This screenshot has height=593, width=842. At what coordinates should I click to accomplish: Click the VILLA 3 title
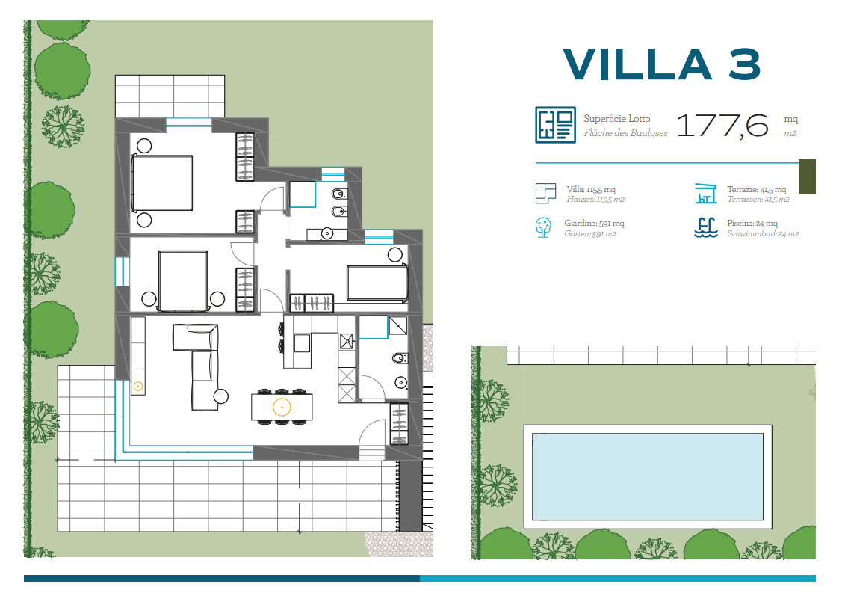662,64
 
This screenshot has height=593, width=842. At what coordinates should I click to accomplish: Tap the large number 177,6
722,126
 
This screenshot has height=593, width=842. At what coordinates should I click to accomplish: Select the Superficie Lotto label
617,118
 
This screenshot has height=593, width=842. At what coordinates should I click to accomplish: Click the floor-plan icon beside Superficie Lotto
555,125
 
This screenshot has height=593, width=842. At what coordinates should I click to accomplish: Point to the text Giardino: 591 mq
595,223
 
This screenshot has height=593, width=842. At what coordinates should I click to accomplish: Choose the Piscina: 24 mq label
752,223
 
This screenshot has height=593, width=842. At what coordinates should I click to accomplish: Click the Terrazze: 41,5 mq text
757,189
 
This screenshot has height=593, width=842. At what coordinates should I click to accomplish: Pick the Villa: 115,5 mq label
591,189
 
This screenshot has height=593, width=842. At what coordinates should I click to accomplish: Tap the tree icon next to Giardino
543,227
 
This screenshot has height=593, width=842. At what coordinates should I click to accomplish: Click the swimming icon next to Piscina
705,227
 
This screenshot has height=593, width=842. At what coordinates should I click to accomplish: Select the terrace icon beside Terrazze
705,194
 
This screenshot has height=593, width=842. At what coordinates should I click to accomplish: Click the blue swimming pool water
648,477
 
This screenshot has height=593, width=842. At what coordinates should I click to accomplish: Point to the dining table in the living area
282,407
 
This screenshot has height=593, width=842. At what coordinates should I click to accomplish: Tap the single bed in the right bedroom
377,283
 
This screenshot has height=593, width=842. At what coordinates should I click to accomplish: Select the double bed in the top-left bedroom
161,182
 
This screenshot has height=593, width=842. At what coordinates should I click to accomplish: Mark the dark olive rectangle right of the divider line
807,176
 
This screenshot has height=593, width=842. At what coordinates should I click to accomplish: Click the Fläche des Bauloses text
625,133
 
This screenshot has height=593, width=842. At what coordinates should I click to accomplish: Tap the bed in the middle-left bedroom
183,280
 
